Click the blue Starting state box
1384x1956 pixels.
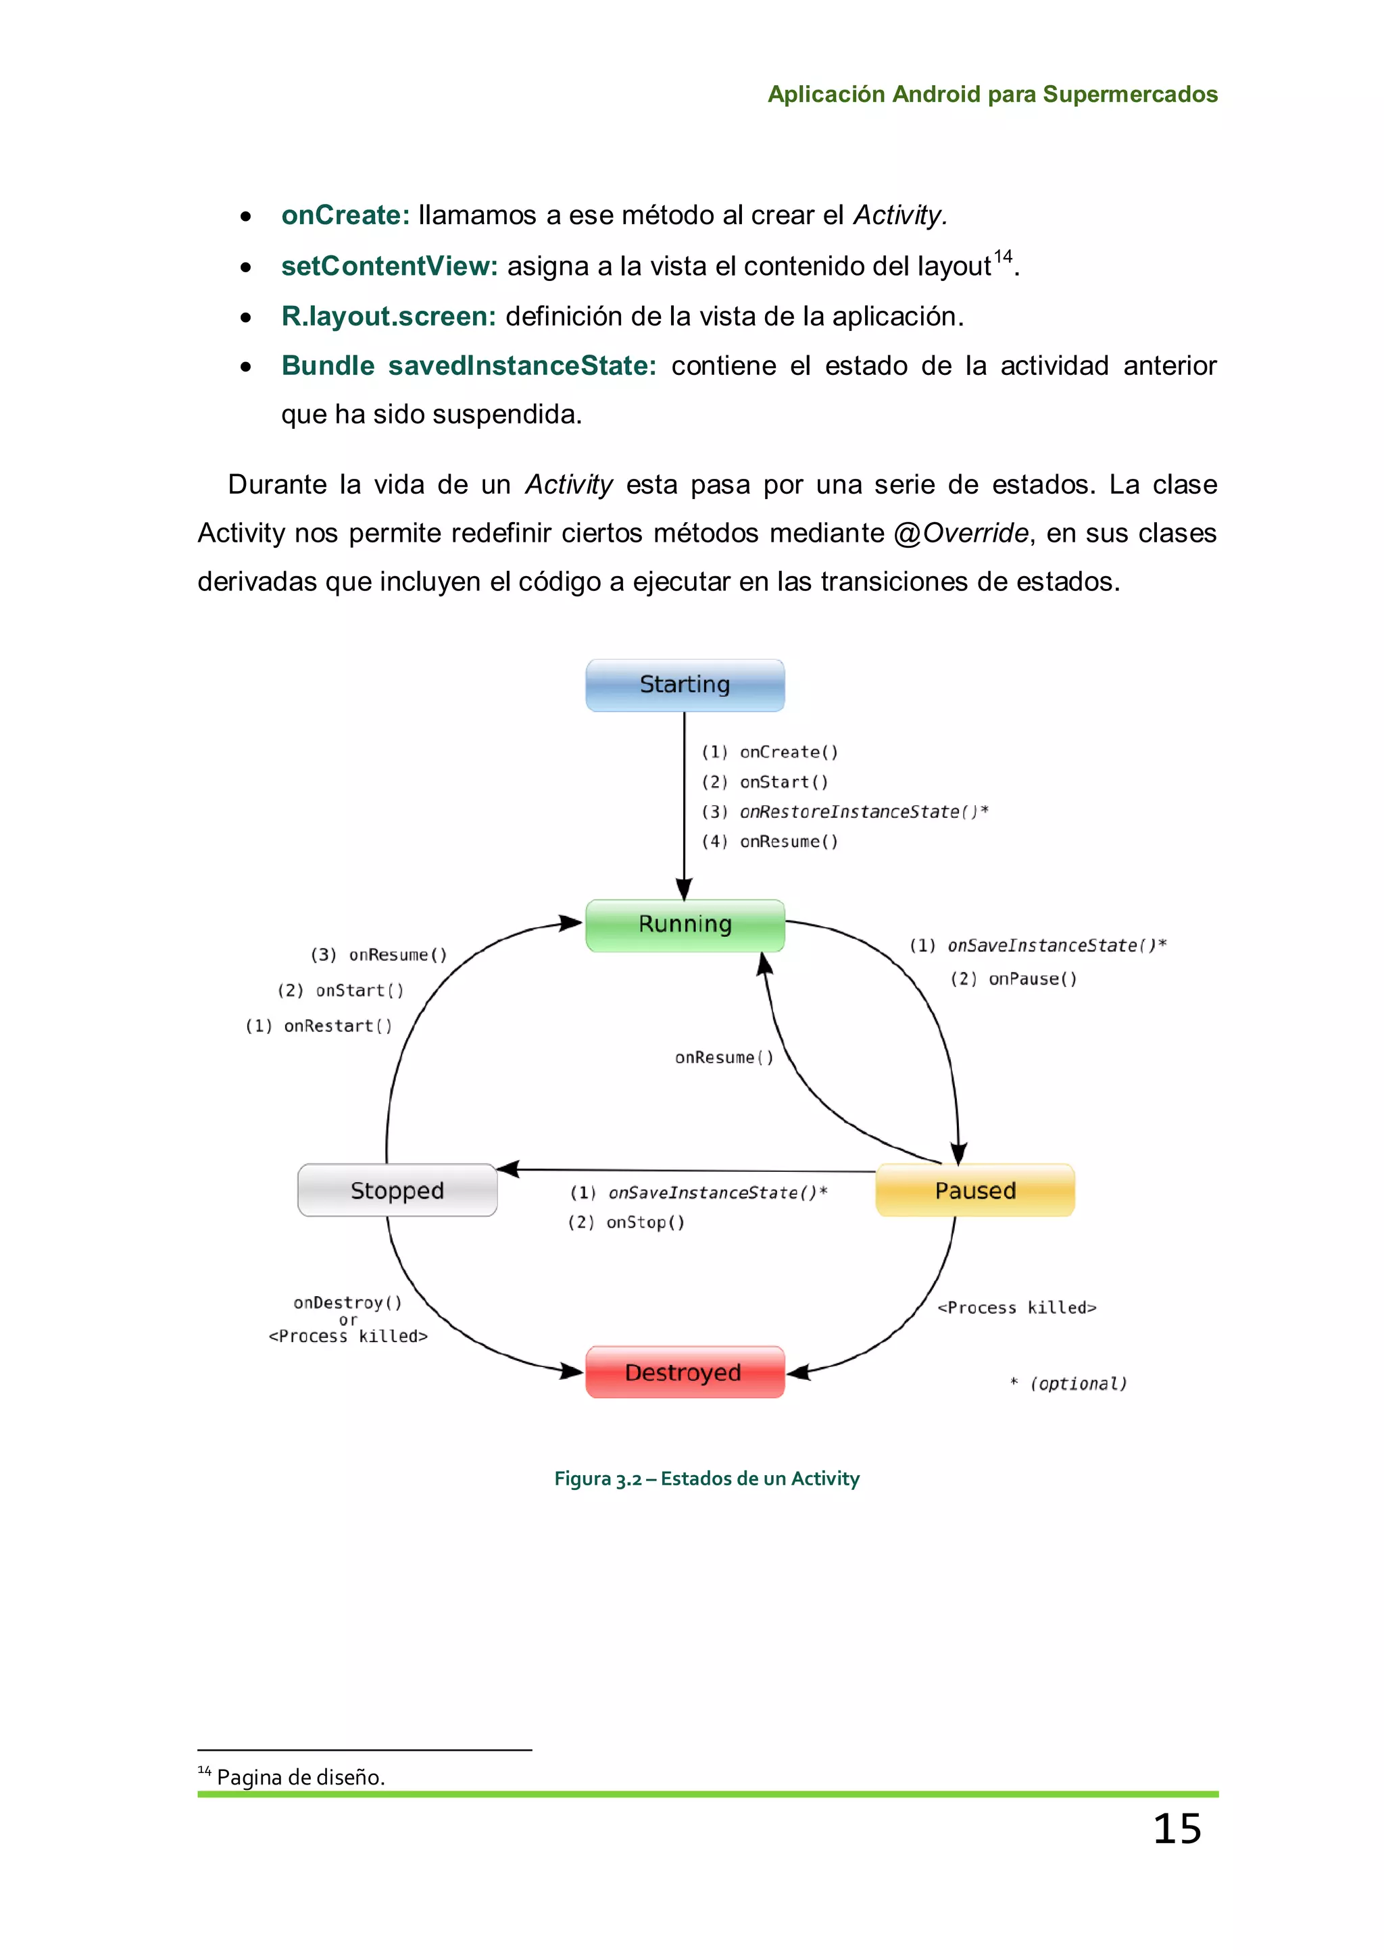685,685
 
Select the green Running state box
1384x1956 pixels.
685,925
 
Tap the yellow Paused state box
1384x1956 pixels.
975,1190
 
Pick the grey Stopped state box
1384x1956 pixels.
397,1190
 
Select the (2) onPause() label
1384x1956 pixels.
1014,979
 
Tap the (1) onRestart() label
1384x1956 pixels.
320,1026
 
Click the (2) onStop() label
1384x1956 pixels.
626,1222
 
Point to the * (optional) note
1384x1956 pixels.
1068,1383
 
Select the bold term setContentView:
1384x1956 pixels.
389,266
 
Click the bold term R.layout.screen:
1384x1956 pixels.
389,316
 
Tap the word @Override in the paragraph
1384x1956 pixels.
962,534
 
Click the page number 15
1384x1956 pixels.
1177,1829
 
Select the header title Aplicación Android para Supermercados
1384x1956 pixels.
993,94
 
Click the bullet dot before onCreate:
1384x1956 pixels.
245,216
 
